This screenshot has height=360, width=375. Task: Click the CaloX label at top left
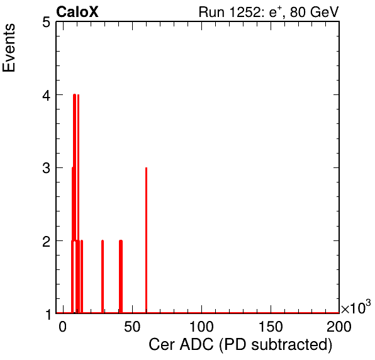(x=77, y=12)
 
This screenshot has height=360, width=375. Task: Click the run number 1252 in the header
(x=244, y=12)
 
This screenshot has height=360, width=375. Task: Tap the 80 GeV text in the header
(x=314, y=12)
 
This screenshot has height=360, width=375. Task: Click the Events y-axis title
(x=9, y=48)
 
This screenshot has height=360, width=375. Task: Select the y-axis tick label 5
(x=47, y=23)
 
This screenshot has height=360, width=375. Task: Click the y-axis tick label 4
(x=47, y=96)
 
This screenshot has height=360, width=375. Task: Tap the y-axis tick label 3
(x=47, y=168)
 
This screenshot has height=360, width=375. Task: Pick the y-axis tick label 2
(x=47, y=242)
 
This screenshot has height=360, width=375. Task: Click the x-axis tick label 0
(x=62, y=326)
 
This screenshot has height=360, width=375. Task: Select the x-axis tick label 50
(x=132, y=326)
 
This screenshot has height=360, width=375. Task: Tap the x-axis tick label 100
(x=201, y=326)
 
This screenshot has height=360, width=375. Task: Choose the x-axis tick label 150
(x=271, y=326)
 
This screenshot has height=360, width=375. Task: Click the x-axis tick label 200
(x=339, y=326)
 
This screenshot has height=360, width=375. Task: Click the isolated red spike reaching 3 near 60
(x=147, y=240)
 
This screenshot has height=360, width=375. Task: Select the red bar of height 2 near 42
(x=121, y=276)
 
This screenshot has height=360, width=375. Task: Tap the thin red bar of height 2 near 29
(x=103, y=276)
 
